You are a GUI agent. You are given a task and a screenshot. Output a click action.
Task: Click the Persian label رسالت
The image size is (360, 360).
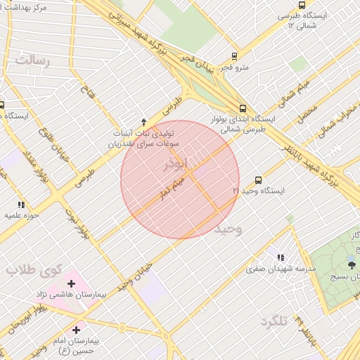[34, 60]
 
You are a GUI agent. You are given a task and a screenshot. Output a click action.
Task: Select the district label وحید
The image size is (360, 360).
[228, 229]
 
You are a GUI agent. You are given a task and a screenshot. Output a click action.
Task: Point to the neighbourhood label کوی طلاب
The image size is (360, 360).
[35, 269]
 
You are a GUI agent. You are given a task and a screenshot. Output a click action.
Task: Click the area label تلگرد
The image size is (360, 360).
[274, 321]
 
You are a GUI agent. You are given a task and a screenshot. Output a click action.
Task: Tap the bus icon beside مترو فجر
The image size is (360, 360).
[234, 56]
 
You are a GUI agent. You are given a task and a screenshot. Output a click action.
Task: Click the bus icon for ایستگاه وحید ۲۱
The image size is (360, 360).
[258, 180]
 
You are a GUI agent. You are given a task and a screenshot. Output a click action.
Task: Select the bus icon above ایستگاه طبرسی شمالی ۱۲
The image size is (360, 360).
[302, 4]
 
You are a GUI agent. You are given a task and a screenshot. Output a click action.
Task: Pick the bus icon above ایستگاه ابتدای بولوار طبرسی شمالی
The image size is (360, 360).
[243, 108]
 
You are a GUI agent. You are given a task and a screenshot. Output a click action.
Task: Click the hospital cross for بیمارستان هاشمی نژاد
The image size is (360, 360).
[71, 283]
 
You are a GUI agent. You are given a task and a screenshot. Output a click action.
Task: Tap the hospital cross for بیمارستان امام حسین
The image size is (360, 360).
[76, 329]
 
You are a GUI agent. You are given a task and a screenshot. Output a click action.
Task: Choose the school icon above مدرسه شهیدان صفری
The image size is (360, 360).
[281, 258]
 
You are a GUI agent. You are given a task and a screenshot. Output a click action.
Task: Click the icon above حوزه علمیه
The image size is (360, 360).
[20, 205]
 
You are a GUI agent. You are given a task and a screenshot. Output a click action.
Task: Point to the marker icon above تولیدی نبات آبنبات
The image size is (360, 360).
[144, 122]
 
